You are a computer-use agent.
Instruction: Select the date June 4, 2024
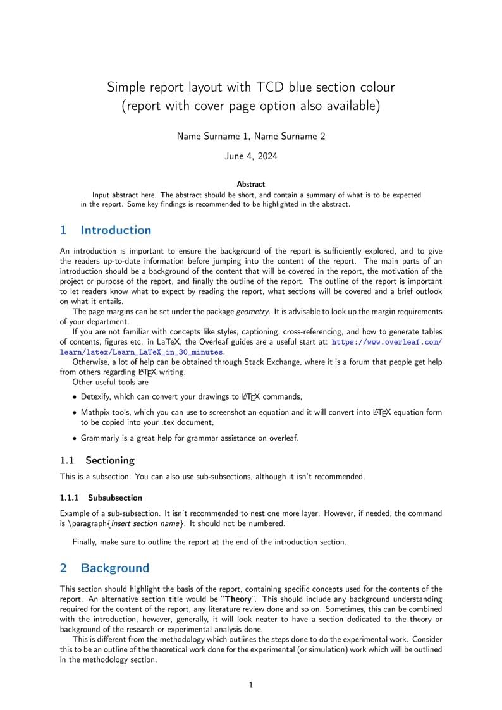pos(250,156)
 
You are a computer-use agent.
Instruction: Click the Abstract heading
pos(251,184)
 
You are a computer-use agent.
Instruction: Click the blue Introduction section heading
pos(116,230)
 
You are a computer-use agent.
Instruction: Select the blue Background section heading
pos(115,568)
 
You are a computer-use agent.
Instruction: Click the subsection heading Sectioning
pos(110,460)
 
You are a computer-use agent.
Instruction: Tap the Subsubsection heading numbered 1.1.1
pos(115,498)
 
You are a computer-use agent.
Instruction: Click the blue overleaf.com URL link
pos(386,342)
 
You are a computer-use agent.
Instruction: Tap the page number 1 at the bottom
pos(251,684)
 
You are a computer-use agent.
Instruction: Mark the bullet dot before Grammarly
pos(75,438)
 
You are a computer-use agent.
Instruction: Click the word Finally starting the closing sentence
pos(87,542)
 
